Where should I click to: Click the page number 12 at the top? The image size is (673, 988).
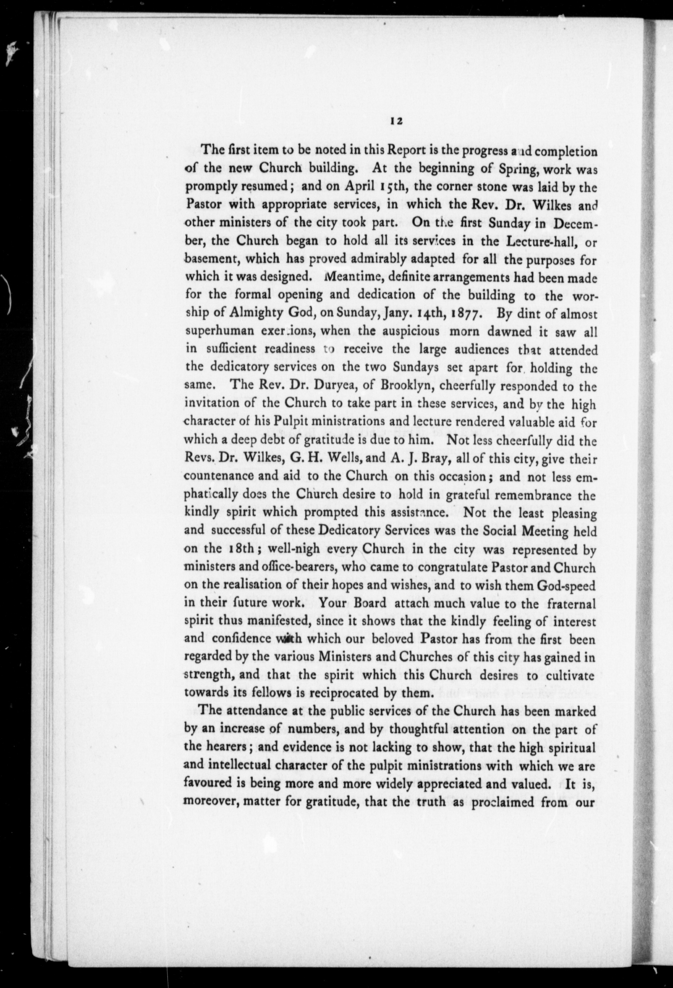point(395,121)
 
